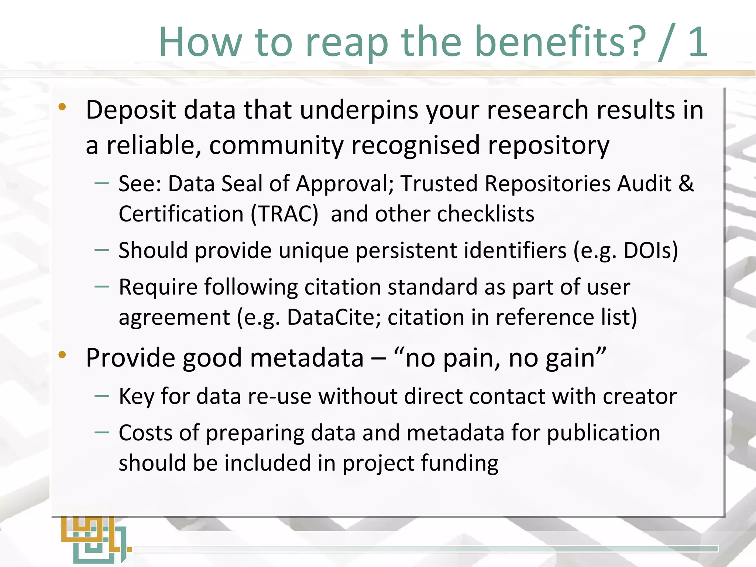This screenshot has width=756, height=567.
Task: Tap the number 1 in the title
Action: tap(698, 42)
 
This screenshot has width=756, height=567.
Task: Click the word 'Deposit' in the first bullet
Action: tap(131, 110)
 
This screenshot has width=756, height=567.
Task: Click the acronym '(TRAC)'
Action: tap(284, 214)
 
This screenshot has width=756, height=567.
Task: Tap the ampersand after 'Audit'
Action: tap(686, 183)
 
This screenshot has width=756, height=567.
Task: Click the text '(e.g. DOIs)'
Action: tap(626, 251)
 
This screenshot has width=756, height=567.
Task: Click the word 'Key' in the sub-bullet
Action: tap(136, 396)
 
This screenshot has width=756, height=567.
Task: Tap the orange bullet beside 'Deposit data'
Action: tap(62, 107)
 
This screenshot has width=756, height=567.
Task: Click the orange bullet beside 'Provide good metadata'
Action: tap(62, 355)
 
